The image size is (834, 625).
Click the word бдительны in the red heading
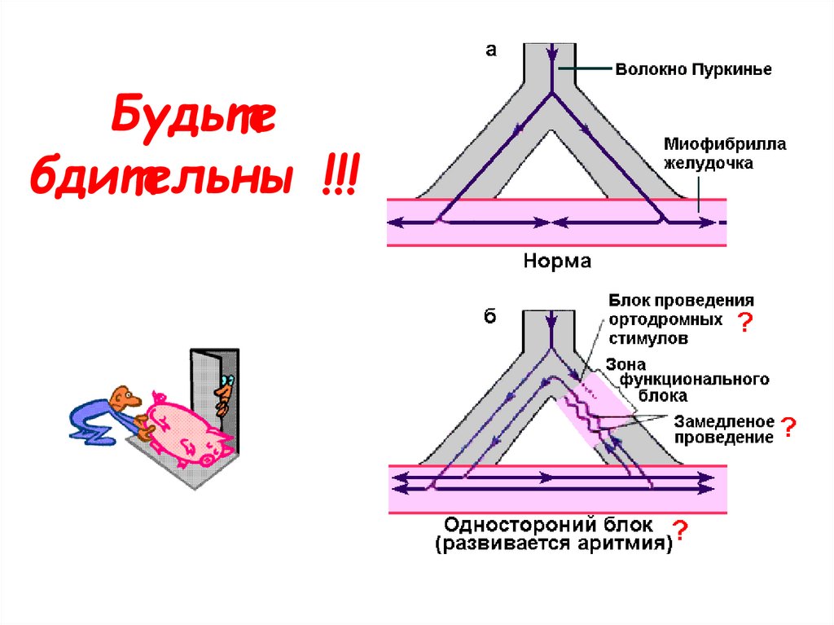pyautogui.click(x=160, y=174)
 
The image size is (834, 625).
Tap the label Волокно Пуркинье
pyautogui.click(x=693, y=70)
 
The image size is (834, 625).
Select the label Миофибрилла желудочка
pyautogui.click(x=724, y=153)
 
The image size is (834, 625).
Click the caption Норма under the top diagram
pyautogui.click(x=556, y=262)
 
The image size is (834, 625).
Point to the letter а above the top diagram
pyautogui.click(x=490, y=51)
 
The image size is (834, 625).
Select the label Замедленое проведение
pyautogui.click(x=723, y=429)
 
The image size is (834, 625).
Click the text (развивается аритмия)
pyautogui.click(x=553, y=545)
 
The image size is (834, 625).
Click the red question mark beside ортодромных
pyautogui.click(x=744, y=324)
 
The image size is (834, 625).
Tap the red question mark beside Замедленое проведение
pyautogui.click(x=788, y=427)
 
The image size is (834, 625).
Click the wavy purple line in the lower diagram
pyautogui.click(x=588, y=407)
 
